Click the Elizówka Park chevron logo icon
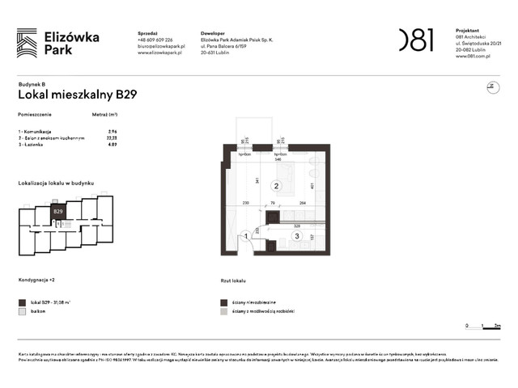point(27,43)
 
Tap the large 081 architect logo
point(416,40)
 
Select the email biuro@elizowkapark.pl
point(161,46)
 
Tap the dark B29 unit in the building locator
point(58,213)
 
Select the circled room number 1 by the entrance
point(247,236)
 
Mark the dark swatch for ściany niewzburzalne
point(224,302)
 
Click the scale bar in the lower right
point(483,326)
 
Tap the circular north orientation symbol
point(490,87)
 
